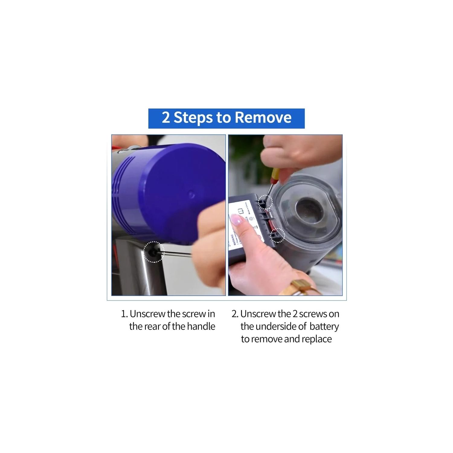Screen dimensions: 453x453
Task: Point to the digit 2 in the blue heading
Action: pyautogui.click(x=165, y=117)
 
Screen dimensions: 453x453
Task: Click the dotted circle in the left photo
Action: pyautogui.click(x=153, y=252)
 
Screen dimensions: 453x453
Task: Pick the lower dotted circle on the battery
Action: pyautogui.click(x=278, y=235)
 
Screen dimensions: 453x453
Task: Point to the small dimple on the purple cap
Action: pyautogui.click(x=191, y=194)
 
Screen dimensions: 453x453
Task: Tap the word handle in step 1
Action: pyautogui.click(x=201, y=326)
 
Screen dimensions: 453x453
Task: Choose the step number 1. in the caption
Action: pyautogui.click(x=124, y=314)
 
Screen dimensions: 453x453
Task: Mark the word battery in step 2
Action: pyautogui.click(x=324, y=326)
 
